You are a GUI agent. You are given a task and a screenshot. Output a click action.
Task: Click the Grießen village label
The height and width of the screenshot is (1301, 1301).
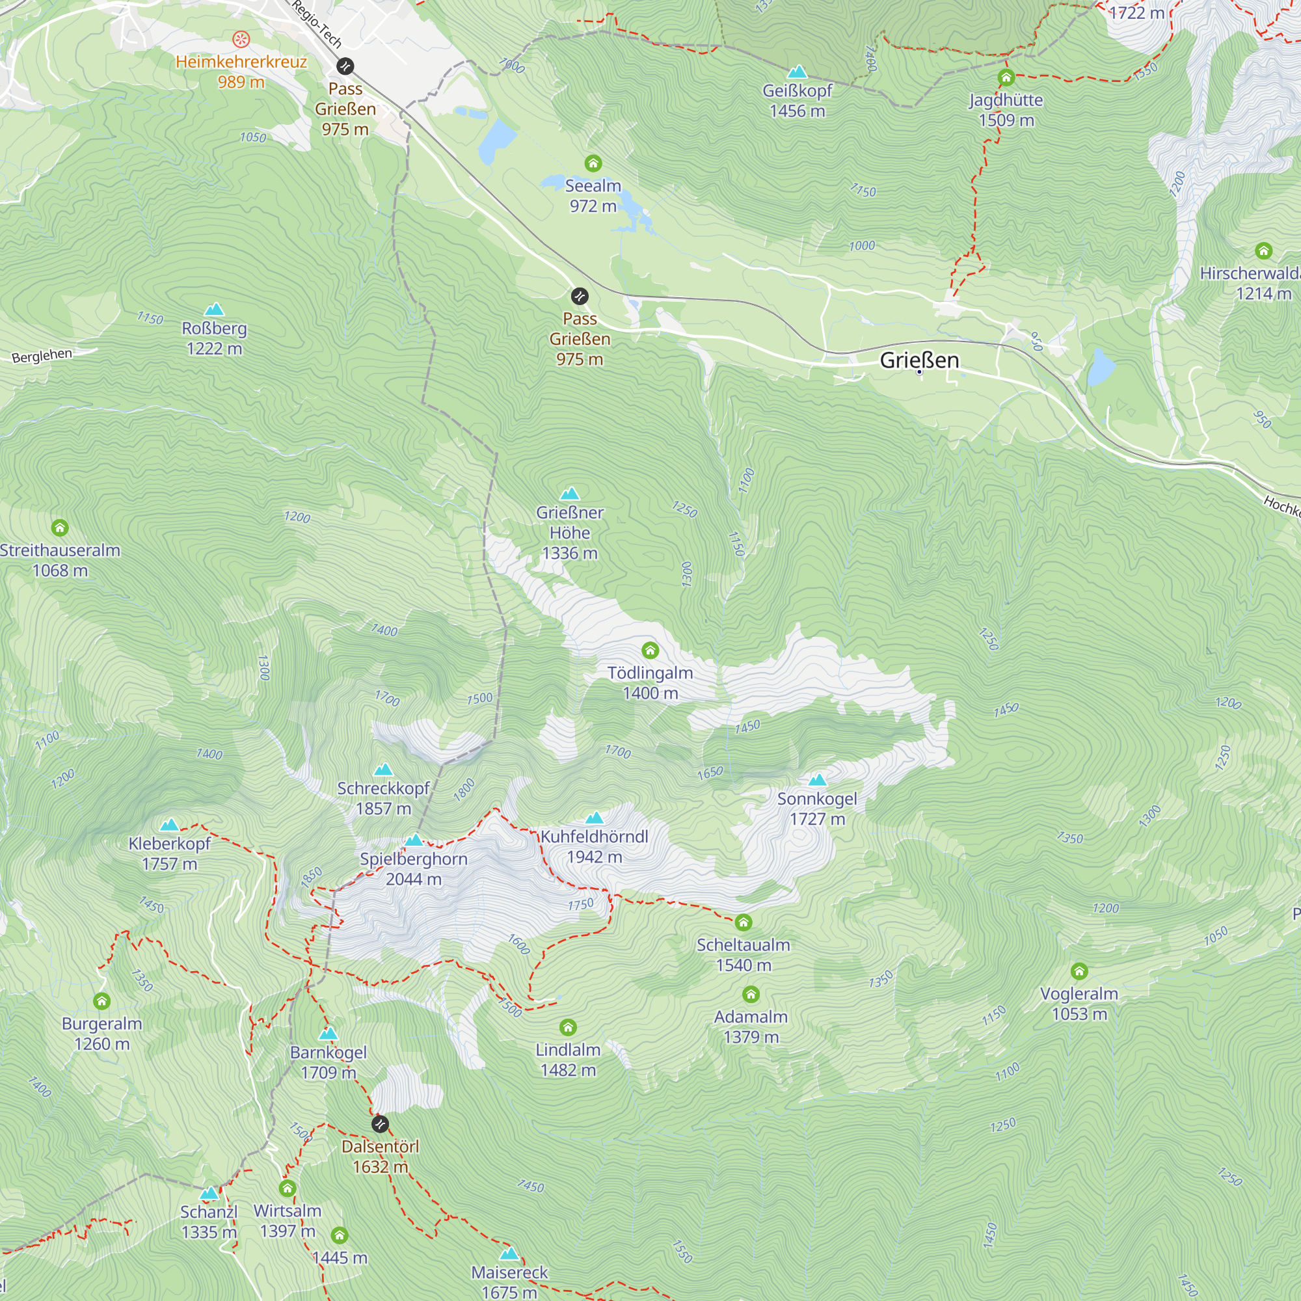[919, 360]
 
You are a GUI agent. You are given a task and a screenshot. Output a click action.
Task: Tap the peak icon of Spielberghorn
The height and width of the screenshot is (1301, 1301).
[414, 840]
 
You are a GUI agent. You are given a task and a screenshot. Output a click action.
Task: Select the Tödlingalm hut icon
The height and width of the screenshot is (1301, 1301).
[650, 650]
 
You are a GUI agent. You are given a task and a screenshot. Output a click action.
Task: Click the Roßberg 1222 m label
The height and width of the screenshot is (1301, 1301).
[214, 338]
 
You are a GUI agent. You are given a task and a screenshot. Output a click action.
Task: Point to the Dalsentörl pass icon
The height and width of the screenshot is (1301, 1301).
[380, 1124]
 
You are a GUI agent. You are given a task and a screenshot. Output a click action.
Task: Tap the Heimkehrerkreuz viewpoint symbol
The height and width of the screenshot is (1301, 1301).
[241, 40]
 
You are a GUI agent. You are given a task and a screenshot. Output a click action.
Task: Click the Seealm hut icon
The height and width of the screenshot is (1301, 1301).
[593, 163]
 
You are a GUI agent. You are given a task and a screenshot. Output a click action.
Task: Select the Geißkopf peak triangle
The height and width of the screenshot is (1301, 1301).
[797, 72]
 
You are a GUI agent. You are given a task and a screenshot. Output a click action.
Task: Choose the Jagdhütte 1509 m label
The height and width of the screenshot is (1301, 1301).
[1006, 110]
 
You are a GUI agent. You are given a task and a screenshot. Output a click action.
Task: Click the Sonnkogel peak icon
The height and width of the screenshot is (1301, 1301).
[817, 780]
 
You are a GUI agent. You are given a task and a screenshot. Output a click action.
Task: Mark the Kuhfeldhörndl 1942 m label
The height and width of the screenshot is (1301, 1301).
[594, 846]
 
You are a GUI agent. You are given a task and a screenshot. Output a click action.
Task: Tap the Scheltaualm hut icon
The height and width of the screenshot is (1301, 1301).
[743, 922]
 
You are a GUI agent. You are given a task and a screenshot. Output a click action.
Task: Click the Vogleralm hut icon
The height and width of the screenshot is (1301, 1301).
[1079, 971]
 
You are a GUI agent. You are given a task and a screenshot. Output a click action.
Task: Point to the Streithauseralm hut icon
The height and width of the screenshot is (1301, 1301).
[60, 528]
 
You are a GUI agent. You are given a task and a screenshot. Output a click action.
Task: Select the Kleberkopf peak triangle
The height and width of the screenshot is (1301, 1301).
[169, 825]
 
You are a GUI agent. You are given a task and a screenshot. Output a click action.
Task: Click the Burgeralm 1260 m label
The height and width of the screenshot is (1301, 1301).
[101, 1034]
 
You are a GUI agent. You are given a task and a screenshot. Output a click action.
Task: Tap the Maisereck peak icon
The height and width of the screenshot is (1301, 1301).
[509, 1254]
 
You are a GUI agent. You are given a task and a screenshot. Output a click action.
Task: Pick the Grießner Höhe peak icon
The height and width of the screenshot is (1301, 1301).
[570, 494]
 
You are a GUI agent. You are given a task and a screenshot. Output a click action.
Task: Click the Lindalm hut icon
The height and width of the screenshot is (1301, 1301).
[568, 1027]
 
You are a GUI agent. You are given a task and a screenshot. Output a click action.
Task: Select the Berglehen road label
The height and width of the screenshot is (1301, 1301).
[42, 356]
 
